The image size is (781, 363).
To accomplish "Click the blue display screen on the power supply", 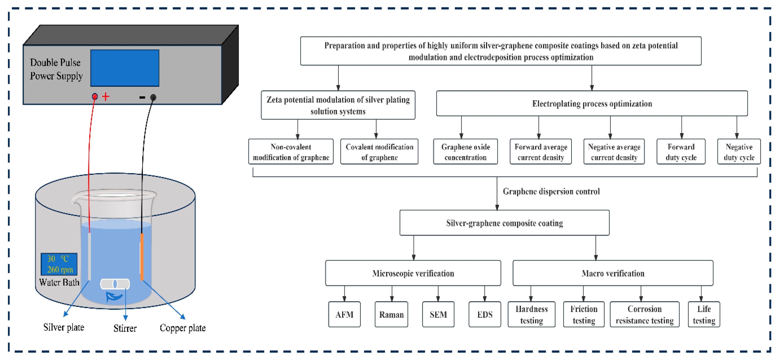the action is tap(125, 68).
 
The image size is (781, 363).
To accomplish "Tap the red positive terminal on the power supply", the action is tap(95, 97).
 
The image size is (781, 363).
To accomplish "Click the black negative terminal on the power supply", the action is tap(153, 97).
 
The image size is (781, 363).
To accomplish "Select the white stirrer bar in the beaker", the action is tap(115, 284).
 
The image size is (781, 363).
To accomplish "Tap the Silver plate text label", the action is tap(64, 327).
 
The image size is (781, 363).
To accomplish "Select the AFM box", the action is tap(344, 314).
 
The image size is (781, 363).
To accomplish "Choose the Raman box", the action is tap(391, 314).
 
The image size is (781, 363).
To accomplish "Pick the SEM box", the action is tap(438, 314).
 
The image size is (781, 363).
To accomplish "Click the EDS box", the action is tap(485, 314).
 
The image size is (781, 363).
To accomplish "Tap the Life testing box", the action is tap(704, 314).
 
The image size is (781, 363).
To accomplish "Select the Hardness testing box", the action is tap(532, 314).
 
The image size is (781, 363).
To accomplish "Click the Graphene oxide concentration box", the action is tap(465, 152).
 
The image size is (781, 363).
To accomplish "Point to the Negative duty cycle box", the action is tap(739, 152).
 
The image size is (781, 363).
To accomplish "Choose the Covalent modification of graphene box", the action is tap(379, 152).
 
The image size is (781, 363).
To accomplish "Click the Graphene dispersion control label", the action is tap(551, 191).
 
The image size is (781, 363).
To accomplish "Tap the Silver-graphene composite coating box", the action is tap(505, 223).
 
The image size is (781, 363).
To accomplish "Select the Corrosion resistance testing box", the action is tap(645, 314).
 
